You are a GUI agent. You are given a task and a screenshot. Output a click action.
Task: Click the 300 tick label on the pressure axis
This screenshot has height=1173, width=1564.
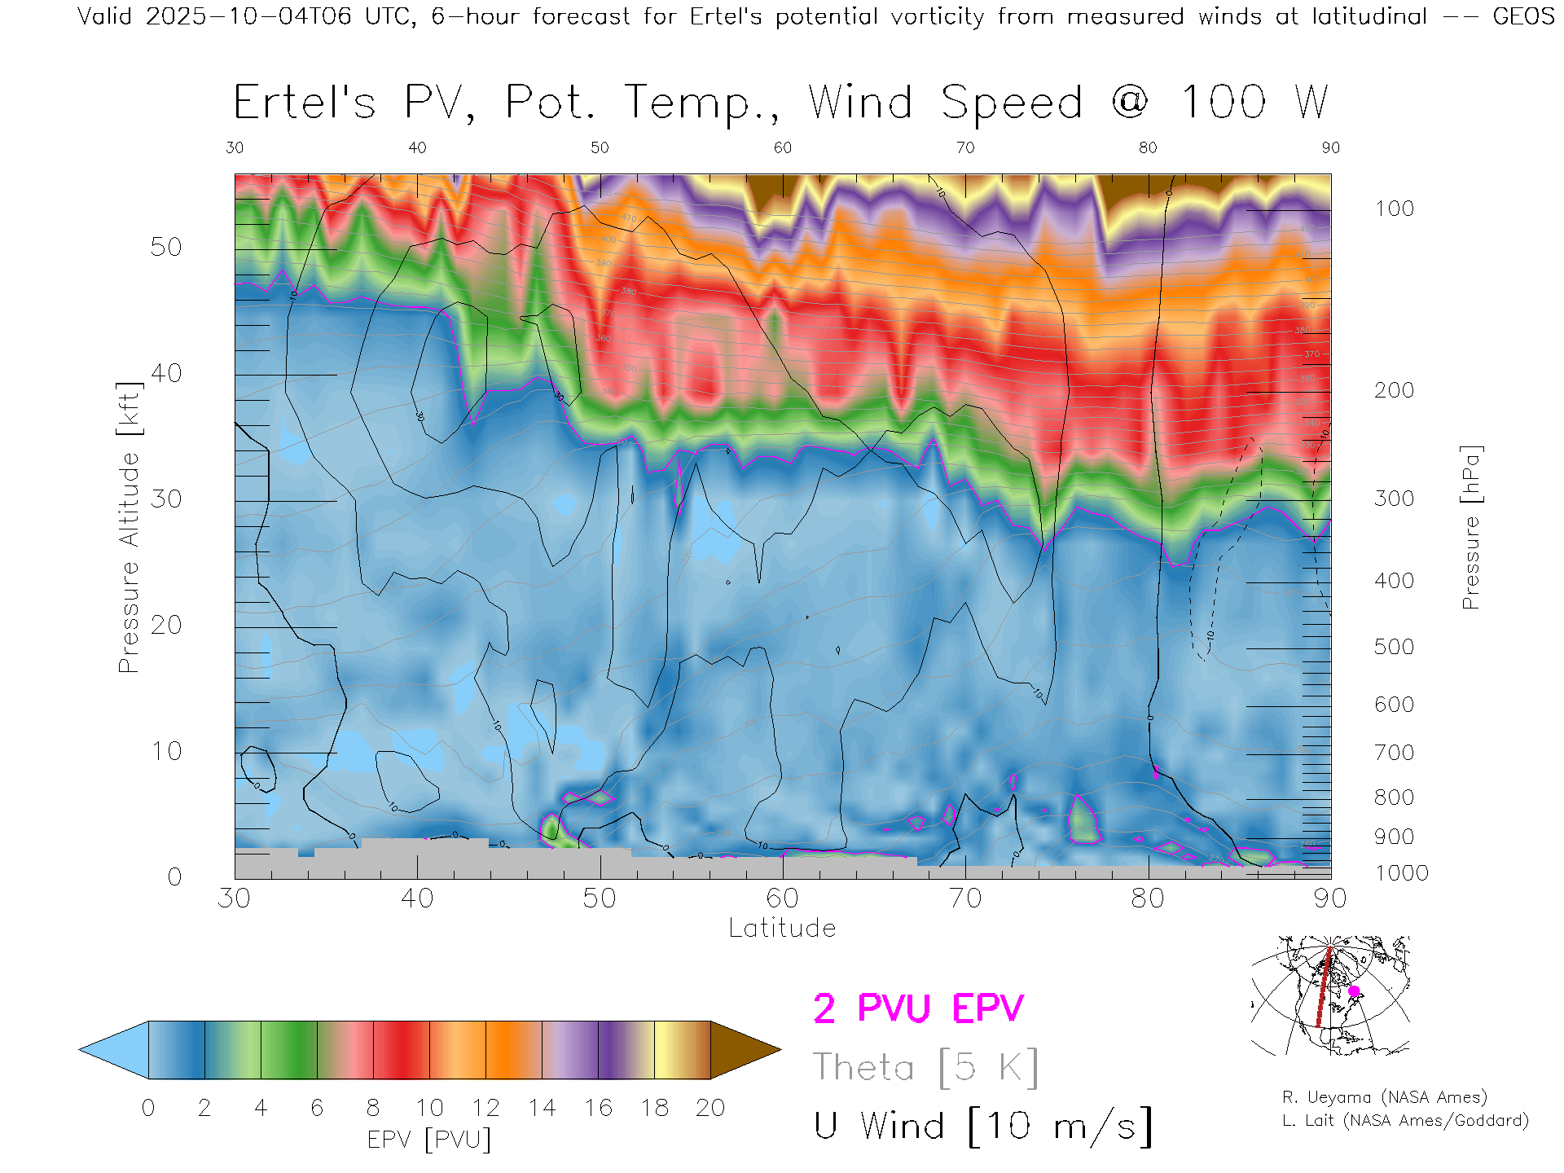tap(1394, 499)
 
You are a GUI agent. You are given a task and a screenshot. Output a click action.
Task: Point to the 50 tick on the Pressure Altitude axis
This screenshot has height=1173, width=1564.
tap(166, 247)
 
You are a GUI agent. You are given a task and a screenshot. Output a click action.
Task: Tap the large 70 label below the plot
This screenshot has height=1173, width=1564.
tap(964, 898)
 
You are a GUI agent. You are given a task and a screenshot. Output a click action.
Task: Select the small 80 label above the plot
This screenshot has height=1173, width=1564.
tap(1148, 147)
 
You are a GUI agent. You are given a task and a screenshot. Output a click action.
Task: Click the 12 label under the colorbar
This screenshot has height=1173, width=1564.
tap(485, 1108)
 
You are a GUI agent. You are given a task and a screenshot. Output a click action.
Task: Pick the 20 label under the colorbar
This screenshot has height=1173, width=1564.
tap(710, 1108)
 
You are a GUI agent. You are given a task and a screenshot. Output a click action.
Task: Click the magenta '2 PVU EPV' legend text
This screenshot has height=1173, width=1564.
tap(918, 1008)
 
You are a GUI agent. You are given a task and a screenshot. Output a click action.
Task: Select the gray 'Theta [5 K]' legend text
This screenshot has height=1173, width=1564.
tap(925, 1067)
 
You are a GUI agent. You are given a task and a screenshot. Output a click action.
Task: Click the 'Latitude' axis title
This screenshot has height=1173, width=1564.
tap(782, 929)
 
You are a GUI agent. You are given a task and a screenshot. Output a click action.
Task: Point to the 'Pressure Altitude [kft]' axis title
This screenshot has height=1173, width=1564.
tap(129, 527)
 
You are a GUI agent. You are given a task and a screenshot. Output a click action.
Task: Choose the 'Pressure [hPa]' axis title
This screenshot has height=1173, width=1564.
tap(1470, 527)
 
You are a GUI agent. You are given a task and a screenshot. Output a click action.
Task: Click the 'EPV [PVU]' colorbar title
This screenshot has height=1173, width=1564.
tap(429, 1140)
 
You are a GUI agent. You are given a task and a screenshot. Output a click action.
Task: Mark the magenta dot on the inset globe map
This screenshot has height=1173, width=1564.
tap(1354, 991)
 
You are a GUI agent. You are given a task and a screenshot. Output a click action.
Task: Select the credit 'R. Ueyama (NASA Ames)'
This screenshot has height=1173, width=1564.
tap(1384, 1097)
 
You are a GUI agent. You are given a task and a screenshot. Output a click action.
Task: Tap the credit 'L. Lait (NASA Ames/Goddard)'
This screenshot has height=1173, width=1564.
tap(1405, 1121)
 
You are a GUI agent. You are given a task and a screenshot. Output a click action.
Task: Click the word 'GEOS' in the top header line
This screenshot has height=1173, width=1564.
tap(1523, 16)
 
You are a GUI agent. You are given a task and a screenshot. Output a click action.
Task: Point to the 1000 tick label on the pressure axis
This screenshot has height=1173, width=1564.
tap(1401, 873)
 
